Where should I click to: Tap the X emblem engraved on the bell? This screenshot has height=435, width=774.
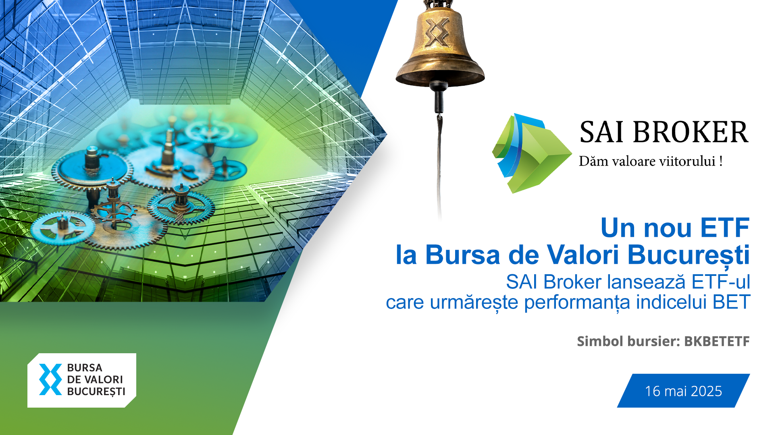[x=437, y=31]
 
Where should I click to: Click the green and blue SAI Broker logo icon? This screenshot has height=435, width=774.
[x=531, y=153]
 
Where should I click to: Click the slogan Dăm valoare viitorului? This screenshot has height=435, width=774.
[x=650, y=161]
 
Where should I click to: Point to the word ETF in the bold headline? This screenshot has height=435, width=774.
[x=724, y=228]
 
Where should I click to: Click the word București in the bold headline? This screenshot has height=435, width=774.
[x=689, y=256]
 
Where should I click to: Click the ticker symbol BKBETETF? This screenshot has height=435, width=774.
[x=717, y=341]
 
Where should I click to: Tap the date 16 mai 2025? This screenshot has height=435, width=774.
[x=683, y=391]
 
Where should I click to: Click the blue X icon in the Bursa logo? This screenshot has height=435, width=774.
[x=50, y=379]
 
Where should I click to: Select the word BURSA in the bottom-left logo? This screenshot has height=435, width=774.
[x=85, y=368]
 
